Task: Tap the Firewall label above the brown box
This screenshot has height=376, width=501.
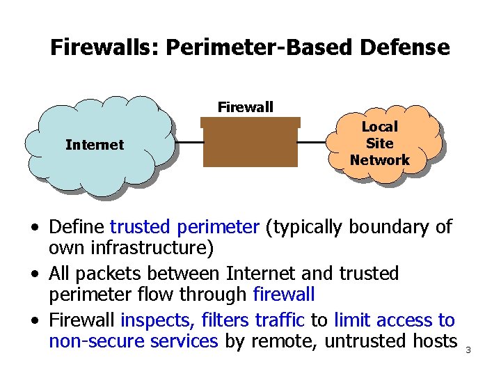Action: [x=246, y=107]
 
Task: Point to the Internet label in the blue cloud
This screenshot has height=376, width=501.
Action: [x=94, y=145]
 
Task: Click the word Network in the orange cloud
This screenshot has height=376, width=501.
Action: [x=380, y=160]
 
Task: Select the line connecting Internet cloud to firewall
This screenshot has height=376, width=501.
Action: [x=189, y=143]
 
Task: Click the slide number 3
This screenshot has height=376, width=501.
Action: [x=468, y=350]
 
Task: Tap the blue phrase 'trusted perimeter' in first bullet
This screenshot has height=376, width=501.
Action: [x=184, y=227]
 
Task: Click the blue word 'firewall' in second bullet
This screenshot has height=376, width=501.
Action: [x=284, y=295]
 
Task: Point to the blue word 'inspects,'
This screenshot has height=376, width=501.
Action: [x=159, y=320]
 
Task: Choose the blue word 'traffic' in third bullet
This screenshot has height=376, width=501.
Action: [x=281, y=320]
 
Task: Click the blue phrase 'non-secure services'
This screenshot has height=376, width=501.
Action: [x=133, y=341]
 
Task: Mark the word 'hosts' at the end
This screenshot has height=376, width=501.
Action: [x=439, y=341]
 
